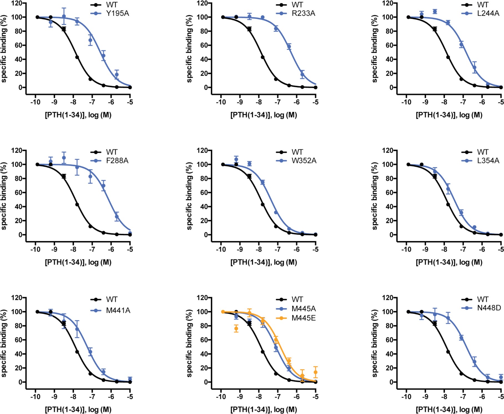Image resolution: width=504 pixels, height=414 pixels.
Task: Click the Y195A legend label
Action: (x=117, y=13)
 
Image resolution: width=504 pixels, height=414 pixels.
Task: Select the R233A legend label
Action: (x=303, y=13)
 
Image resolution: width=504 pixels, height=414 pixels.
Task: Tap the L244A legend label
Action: (x=488, y=13)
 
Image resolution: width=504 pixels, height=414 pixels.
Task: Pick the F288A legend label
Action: (x=117, y=160)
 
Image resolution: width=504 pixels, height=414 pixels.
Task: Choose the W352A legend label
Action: (x=304, y=160)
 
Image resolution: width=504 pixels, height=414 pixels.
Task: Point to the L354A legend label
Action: (x=488, y=160)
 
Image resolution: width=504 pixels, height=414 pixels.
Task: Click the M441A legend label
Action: (x=118, y=310)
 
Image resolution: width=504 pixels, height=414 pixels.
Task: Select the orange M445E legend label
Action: (x=303, y=318)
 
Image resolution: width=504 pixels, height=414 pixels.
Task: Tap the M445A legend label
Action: (x=303, y=309)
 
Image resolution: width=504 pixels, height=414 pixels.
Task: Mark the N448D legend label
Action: (x=489, y=308)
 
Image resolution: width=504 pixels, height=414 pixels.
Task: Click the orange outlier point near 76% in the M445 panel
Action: (x=236, y=328)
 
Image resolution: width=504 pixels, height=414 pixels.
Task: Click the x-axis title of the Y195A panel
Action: (x=78, y=115)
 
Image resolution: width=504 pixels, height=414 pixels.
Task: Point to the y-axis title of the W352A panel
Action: (x=189, y=196)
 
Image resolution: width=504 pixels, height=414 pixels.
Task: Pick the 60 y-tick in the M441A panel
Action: (x=18, y=340)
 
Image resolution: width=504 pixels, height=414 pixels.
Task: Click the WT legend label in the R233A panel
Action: (x=297, y=5)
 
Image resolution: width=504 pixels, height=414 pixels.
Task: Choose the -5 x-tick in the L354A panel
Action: (x=501, y=249)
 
